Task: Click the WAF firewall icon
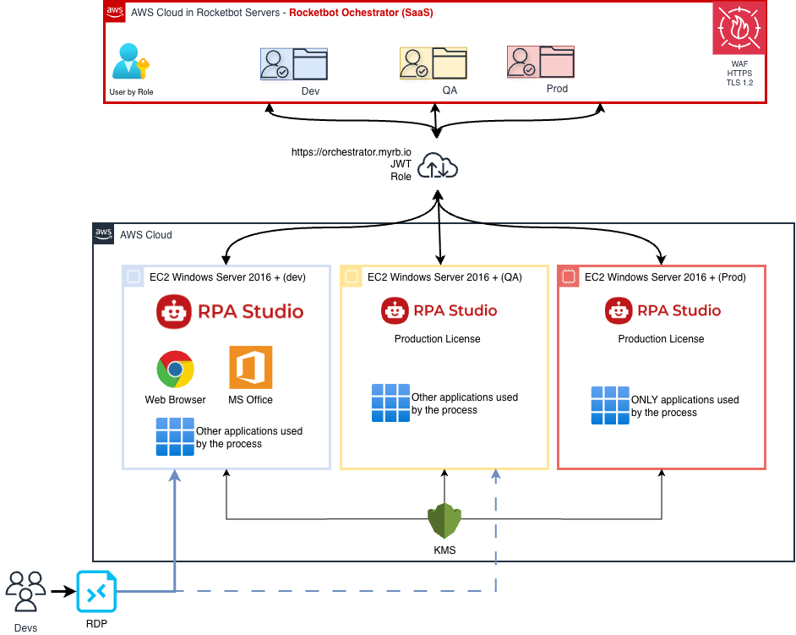739,29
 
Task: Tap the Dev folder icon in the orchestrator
293,63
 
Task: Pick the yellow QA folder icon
433,63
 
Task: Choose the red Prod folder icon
540,62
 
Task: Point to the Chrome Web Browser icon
175,370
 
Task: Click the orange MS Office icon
251,367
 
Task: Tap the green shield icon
444,521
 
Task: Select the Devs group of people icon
26,591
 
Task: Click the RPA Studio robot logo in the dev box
173,312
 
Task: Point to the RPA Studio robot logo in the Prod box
619,311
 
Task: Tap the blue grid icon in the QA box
390,403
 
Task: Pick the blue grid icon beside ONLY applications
609,405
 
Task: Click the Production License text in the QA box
437,339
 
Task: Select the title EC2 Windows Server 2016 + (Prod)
665,277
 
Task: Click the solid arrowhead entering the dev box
175,476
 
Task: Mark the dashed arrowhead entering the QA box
496,476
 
